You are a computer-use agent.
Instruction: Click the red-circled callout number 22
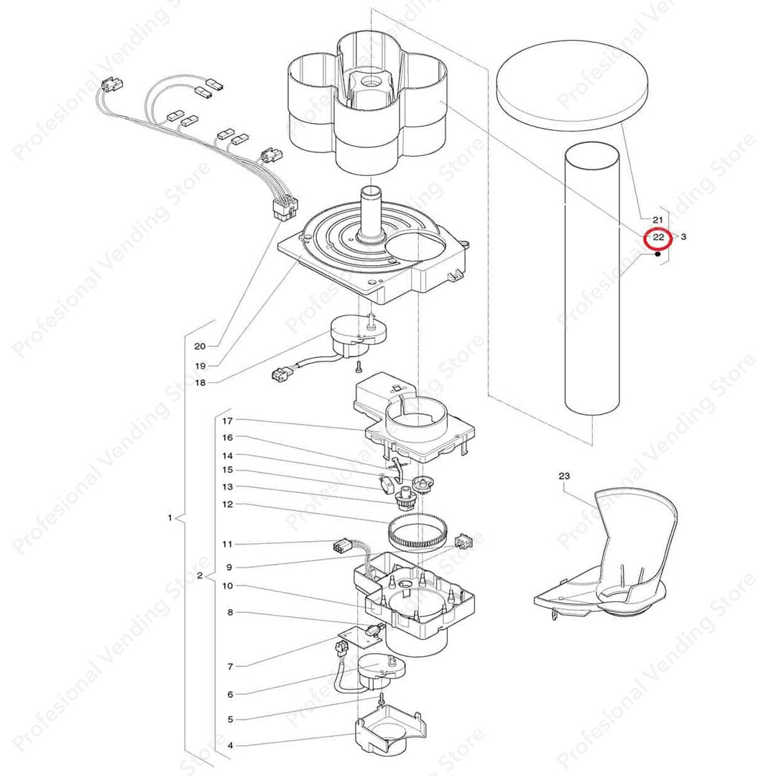click(657, 237)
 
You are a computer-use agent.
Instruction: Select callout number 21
click(657, 220)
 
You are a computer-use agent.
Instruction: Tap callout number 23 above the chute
click(564, 476)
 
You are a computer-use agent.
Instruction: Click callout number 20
click(200, 346)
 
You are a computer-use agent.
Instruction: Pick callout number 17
click(227, 421)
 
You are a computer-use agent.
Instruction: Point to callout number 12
click(227, 504)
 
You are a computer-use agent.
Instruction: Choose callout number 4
click(230, 745)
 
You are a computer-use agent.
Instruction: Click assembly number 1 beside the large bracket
click(170, 517)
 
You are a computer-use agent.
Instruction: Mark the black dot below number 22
click(657, 254)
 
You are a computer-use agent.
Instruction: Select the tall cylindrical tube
click(592, 279)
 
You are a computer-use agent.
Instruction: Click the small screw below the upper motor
click(359, 366)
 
